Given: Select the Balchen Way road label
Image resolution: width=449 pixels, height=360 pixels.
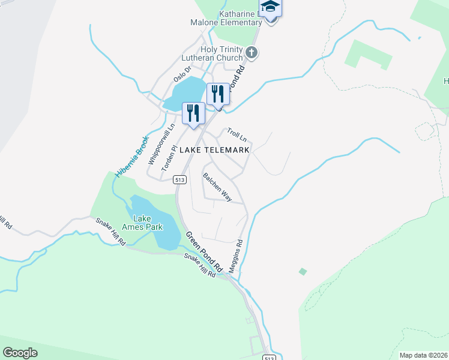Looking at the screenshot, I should coord(217,187).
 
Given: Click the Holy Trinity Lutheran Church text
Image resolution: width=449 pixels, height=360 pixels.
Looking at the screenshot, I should coord(213,54).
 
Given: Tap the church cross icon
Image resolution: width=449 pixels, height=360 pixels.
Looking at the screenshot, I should coord(252,53).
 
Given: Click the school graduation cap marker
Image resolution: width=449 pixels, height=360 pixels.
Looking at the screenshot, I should coord(271,7).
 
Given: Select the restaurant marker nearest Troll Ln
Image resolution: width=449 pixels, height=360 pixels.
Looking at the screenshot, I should coord(218,94).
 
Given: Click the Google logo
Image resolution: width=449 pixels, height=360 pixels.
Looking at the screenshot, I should coord(20,353).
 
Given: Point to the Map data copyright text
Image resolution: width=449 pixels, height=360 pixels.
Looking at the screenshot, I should coord(424,355).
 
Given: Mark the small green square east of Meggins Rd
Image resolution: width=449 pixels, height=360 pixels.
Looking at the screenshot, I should coord(303,272).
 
